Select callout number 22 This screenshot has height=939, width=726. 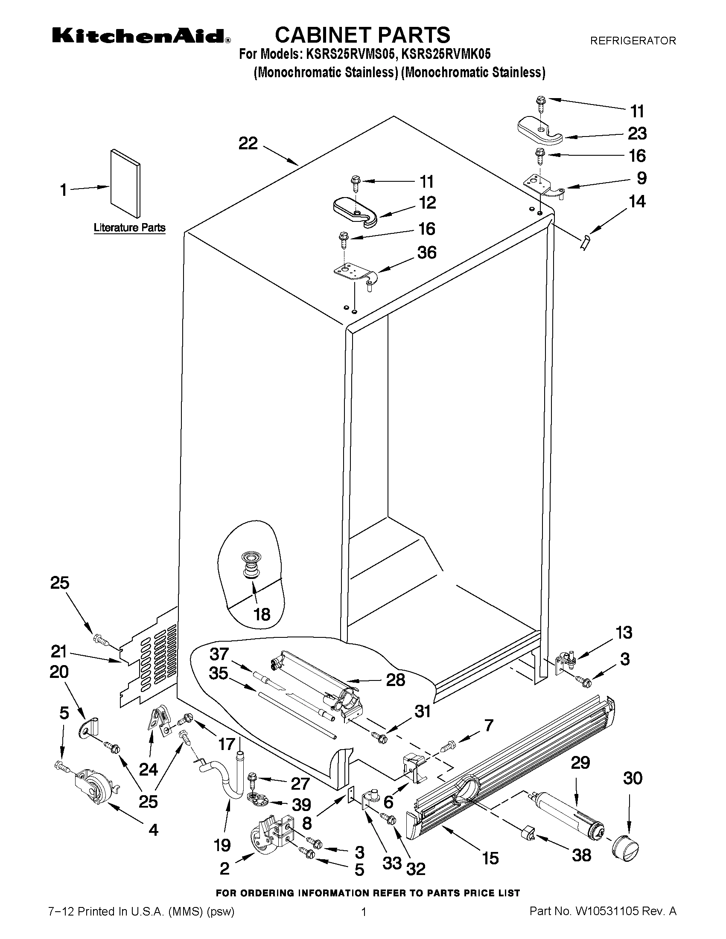(x=248, y=143)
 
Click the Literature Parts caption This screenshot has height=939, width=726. (x=129, y=227)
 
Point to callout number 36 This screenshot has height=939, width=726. (x=427, y=253)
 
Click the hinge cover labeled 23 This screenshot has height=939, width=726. (x=539, y=130)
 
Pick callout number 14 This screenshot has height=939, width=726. (x=636, y=201)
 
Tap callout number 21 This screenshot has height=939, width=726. (x=59, y=651)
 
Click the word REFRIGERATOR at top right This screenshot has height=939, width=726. (x=633, y=41)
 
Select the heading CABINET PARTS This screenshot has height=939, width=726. (x=362, y=35)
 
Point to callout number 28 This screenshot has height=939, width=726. (x=395, y=680)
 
